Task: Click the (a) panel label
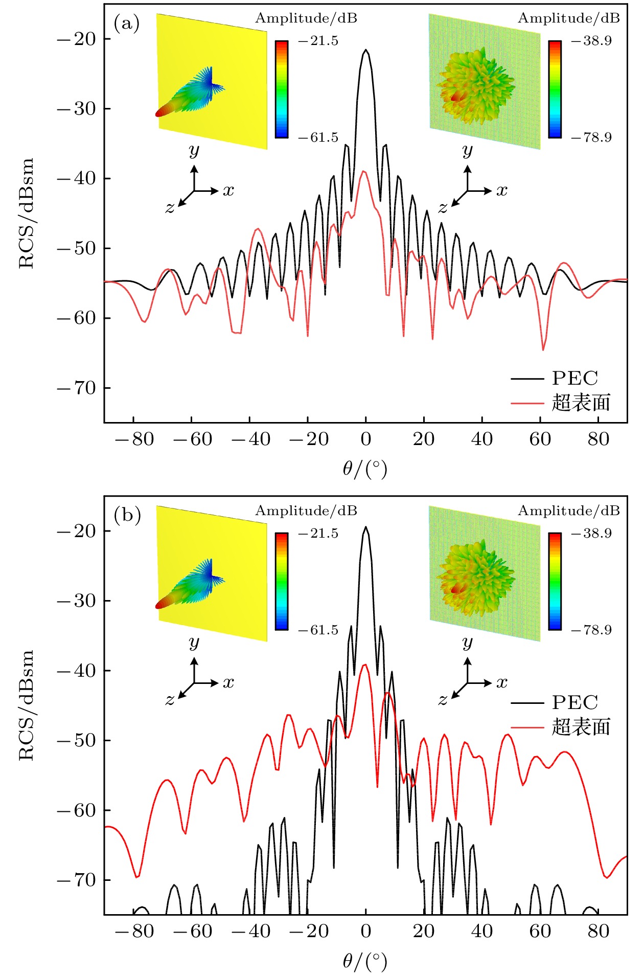point(126,24)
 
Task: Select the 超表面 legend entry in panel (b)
point(581,727)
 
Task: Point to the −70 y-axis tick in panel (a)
point(77,388)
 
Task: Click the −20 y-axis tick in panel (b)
point(77,531)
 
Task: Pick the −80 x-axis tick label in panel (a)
point(134,439)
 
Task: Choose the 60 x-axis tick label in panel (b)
point(540,931)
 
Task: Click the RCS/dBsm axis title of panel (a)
point(26,213)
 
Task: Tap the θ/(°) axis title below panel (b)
point(365,961)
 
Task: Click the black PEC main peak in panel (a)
point(365,51)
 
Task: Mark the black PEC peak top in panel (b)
point(365,527)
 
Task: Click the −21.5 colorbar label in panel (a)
point(318,41)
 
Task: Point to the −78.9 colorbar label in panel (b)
point(591,630)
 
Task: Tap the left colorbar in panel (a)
point(282,89)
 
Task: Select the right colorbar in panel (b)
point(555,581)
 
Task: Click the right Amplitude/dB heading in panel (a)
point(568,18)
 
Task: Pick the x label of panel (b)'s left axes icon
point(228,682)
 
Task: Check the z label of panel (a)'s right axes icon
point(443,208)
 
